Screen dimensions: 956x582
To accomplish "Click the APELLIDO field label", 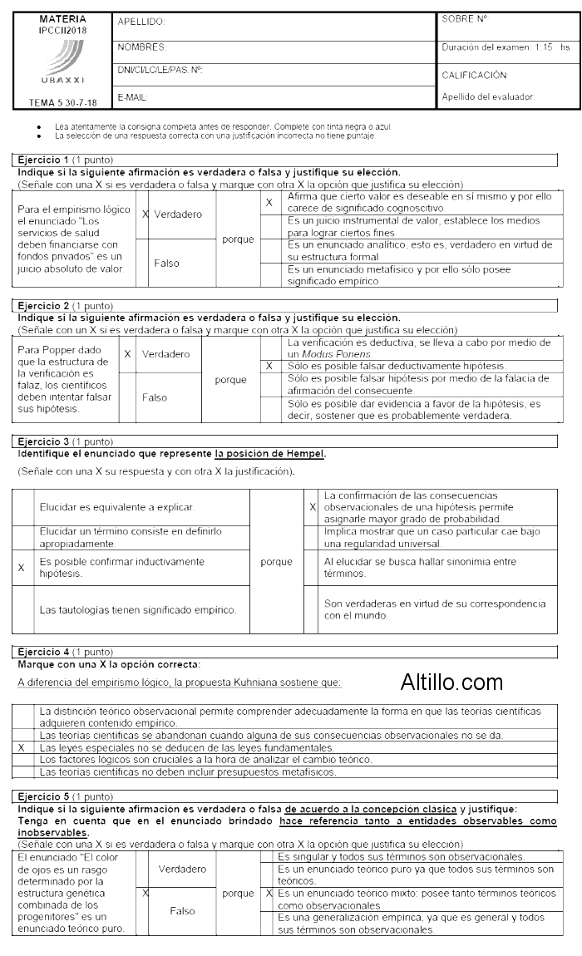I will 141,22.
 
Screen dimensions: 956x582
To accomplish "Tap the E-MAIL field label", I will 133,97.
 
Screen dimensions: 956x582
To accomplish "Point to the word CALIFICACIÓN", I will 474,75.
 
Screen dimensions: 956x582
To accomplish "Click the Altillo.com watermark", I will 451,683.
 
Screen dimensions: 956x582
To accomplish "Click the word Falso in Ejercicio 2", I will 155,397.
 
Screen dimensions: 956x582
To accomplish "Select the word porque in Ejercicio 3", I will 276,562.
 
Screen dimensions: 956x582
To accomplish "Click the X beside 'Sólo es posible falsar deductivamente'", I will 269,366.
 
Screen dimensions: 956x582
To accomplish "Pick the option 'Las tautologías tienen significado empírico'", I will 138,609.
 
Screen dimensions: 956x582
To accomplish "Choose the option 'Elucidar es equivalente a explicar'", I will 116,506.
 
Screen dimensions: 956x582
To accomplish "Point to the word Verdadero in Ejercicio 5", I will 182,869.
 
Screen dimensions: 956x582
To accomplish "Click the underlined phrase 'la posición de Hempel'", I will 269,454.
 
